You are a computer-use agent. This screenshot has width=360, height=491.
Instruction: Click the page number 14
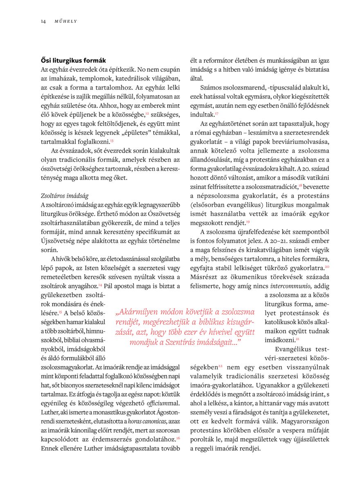click(43, 21)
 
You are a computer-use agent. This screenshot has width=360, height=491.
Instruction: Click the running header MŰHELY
click(65, 21)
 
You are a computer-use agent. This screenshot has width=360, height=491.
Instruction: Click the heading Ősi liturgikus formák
click(73, 61)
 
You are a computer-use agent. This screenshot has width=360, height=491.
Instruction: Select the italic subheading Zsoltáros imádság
click(65, 196)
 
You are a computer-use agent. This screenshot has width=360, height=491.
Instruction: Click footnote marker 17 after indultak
click(217, 113)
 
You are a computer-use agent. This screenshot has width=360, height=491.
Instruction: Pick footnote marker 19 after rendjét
click(248, 221)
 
